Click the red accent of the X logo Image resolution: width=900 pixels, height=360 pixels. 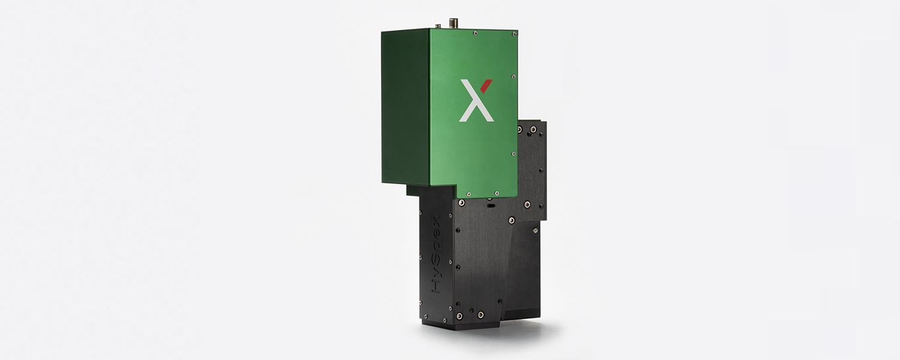(486, 86)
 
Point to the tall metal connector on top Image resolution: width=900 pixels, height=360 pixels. (454, 23)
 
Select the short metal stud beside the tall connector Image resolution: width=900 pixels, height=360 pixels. (438, 26)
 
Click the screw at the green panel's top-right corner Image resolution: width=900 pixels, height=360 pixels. (514, 34)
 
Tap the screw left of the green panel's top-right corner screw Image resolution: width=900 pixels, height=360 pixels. (475, 33)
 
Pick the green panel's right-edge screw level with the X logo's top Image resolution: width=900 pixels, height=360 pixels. (513, 76)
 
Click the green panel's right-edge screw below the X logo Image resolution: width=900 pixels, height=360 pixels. (513, 154)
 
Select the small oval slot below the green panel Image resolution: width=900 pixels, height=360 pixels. (491, 205)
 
